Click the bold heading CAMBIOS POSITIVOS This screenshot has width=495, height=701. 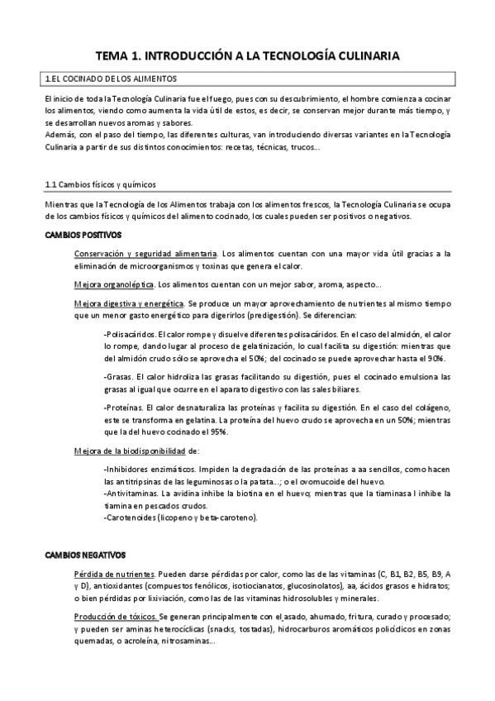[83, 236]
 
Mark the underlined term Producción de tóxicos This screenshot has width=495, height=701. [116, 617]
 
